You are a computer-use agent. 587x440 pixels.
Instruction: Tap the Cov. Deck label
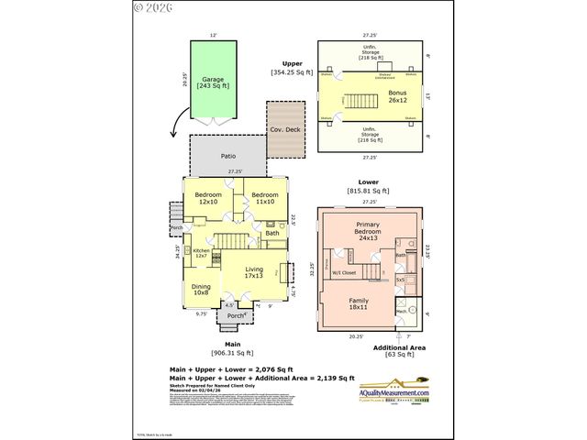point(285,129)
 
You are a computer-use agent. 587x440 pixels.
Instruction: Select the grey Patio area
point(228,156)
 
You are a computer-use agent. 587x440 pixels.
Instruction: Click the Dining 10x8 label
point(201,291)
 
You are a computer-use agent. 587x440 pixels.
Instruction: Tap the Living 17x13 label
point(254,272)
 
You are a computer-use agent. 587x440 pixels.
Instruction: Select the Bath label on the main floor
point(272,233)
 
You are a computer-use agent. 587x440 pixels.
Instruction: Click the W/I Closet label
point(344,272)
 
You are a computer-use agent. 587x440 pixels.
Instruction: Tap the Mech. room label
point(402,311)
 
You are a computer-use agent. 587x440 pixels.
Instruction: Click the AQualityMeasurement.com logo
point(394,391)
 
